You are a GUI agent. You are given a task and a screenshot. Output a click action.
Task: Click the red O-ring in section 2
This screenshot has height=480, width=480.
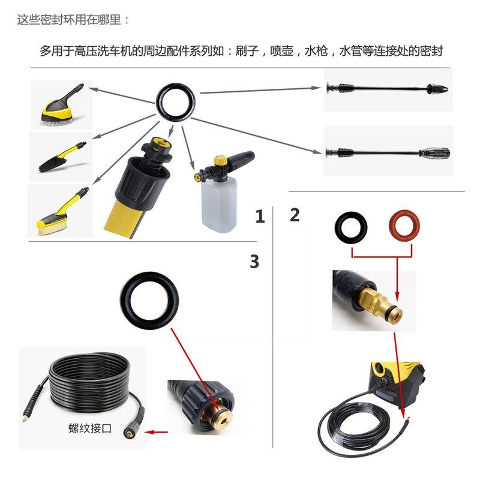click(401, 227)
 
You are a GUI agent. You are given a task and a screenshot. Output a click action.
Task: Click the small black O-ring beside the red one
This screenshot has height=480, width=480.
click(351, 227)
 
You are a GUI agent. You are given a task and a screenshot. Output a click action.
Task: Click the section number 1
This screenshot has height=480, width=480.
click(259, 217)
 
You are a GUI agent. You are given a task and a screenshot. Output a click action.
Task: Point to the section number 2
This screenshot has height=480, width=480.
click(295, 215)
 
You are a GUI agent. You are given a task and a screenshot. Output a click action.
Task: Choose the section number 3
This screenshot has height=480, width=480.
click(254, 262)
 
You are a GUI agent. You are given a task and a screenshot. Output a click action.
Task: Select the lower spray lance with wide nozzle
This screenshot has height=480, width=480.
click(387, 151)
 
